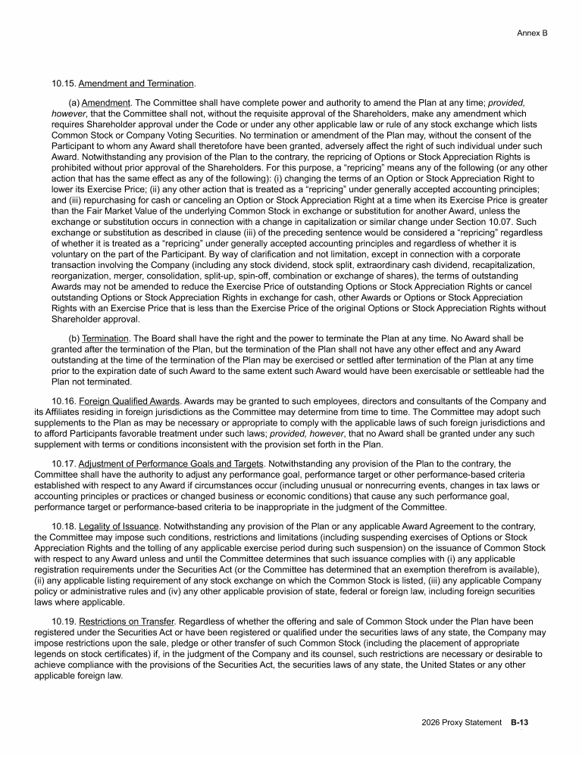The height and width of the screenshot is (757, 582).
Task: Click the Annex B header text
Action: pos(532,33)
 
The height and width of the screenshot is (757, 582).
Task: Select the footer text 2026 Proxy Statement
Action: pos(462,723)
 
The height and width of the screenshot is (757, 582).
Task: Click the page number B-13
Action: pos(519,723)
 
